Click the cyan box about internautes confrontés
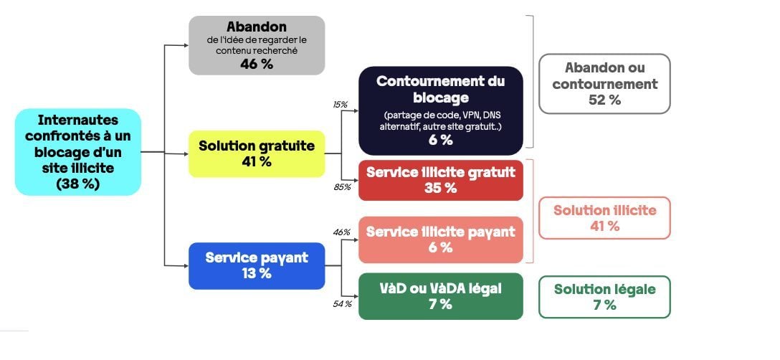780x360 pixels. [78, 152]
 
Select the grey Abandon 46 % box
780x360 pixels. [257, 45]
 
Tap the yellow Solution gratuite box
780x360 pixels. [257, 154]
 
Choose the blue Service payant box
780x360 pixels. [257, 266]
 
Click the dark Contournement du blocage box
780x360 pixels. [441, 110]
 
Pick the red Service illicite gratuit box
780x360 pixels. [441, 180]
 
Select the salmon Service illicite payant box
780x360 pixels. [441, 240]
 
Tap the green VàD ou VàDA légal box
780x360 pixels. [441, 296]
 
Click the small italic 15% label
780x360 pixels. [341, 105]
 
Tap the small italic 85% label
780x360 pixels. [342, 187]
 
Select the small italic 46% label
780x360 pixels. [342, 232]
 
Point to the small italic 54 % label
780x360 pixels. [342, 304]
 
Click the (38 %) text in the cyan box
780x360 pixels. [78, 184]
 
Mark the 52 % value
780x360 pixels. [605, 100]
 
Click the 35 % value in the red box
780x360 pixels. [441, 188]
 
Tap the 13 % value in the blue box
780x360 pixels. [257, 273]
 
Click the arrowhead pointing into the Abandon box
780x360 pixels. [186, 45]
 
